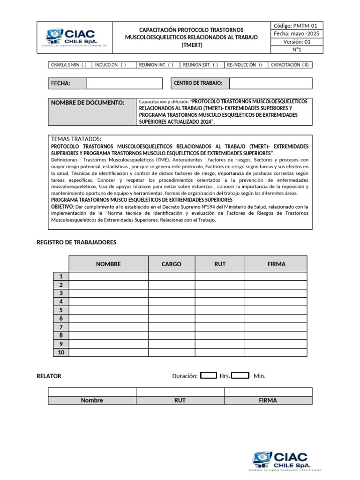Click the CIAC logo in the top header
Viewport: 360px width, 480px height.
(75, 38)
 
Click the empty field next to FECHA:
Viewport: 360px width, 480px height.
(124, 83)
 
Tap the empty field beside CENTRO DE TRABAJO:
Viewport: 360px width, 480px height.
(270, 83)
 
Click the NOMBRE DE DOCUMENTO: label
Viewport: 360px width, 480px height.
(88, 103)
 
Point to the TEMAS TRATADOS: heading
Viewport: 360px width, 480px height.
(76, 139)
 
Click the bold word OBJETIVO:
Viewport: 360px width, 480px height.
(62, 206)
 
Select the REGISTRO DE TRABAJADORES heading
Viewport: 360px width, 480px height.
(76, 242)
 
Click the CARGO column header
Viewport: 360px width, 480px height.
(172, 264)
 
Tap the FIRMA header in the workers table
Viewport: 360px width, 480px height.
(276, 264)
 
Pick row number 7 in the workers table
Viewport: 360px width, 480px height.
(61, 327)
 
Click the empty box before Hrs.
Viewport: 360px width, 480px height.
(209, 375)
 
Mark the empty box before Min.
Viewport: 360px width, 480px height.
(240, 375)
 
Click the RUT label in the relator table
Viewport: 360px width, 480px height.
(180, 400)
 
